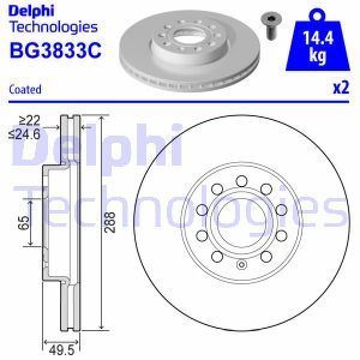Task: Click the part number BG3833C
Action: point(55,51)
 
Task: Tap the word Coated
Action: point(25,89)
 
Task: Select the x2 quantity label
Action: point(340,88)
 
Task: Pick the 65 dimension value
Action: point(24,223)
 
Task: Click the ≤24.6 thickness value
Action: point(26,135)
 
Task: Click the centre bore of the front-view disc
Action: point(241,223)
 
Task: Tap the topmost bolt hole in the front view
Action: point(241,179)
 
